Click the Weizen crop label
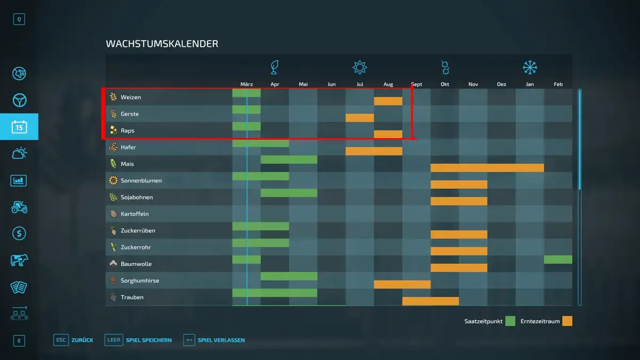pyautogui.click(x=131, y=97)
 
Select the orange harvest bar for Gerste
pyautogui.click(x=359, y=118)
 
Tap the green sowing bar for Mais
pyautogui.click(x=289, y=159)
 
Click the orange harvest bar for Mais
pyautogui.click(x=487, y=168)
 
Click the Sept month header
pyautogui.click(x=417, y=84)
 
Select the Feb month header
pyautogui.click(x=558, y=84)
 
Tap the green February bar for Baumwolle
pyautogui.click(x=558, y=260)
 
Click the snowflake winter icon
pyautogui.click(x=530, y=67)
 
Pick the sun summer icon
pyautogui.click(x=360, y=67)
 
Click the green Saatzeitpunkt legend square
pyautogui.click(x=510, y=321)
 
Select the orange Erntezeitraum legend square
pyautogui.click(x=567, y=321)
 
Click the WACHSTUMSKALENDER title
pyautogui.click(x=162, y=44)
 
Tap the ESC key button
pyautogui.click(x=60, y=340)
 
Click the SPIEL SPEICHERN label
pyautogui.click(x=149, y=340)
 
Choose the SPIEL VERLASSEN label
pyautogui.click(x=221, y=340)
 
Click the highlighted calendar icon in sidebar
pyautogui.click(x=19, y=127)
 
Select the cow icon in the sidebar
pyautogui.click(x=19, y=260)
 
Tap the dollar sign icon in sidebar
pyautogui.click(x=19, y=234)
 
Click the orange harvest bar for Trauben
pyautogui.click(x=430, y=301)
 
